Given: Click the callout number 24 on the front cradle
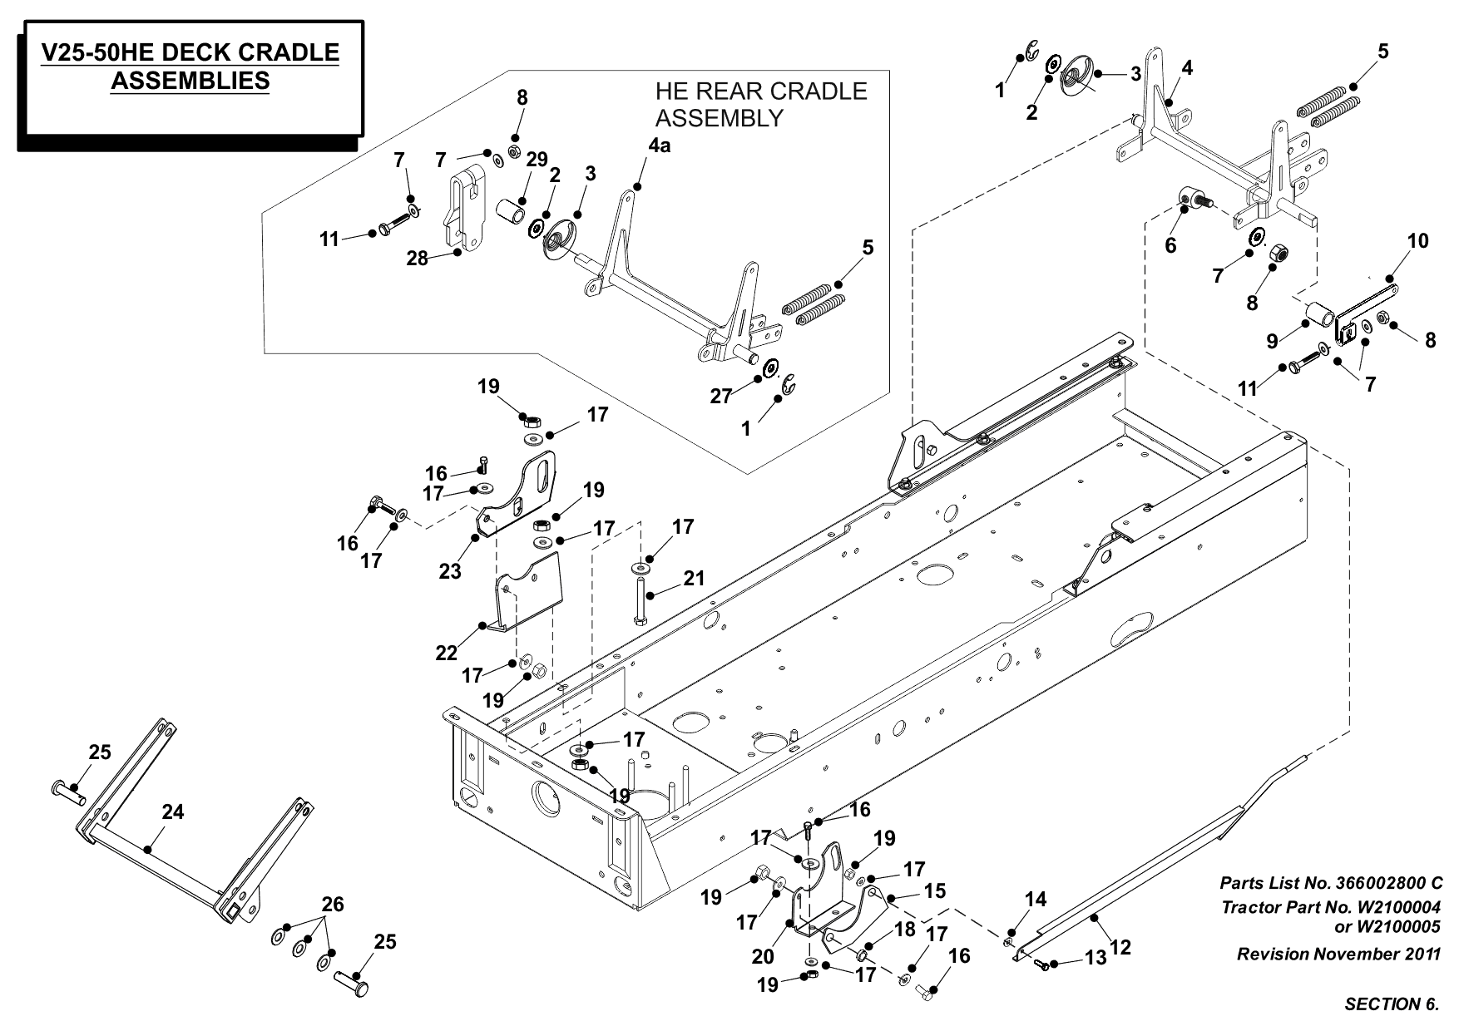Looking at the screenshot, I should pyautogui.click(x=173, y=812).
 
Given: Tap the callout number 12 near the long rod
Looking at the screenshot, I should pyautogui.click(x=1120, y=946).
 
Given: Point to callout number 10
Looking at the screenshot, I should pyautogui.click(x=1418, y=241).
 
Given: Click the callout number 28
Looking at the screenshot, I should pyautogui.click(x=417, y=259).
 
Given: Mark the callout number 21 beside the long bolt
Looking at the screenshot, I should pyautogui.click(x=694, y=578).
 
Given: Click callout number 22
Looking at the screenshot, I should pyautogui.click(x=447, y=653).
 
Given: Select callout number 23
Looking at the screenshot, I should pyautogui.click(x=450, y=572).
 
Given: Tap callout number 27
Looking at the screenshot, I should pyautogui.click(x=720, y=396).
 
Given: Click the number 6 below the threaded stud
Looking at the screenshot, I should pyautogui.click(x=1171, y=247).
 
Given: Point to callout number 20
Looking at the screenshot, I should pyautogui.click(x=763, y=957).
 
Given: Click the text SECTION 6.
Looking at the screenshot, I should pyautogui.click(x=1392, y=1004).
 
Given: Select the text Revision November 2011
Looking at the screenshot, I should pyautogui.click(x=1338, y=954).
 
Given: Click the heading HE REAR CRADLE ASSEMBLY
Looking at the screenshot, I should pyautogui.click(x=760, y=104).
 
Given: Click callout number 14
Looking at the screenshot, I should pyautogui.click(x=1036, y=899).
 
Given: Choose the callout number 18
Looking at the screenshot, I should pyautogui.click(x=906, y=929).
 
